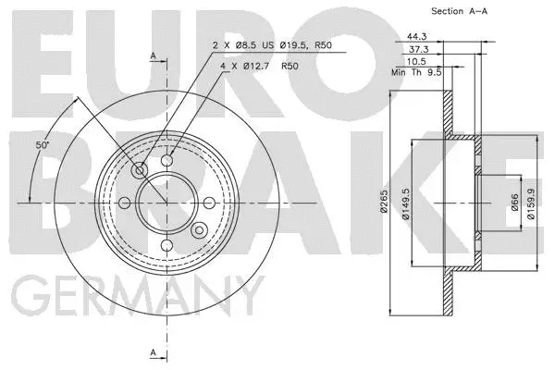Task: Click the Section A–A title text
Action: click(x=461, y=11)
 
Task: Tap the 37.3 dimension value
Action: click(x=418, y=49)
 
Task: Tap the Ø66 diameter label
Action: click(x=514, y=202)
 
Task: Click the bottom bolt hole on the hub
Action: click(x=166, y=245)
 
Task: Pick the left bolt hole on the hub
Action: click(x=124, y=203)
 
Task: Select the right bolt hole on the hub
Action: click(x=209, y=203)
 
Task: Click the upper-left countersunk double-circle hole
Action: click(x=140, y=170)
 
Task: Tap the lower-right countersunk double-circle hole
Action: click(x=199, y=229)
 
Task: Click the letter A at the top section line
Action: click(x=153, y=55)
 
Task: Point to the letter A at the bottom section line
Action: click(x=153, y=352)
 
